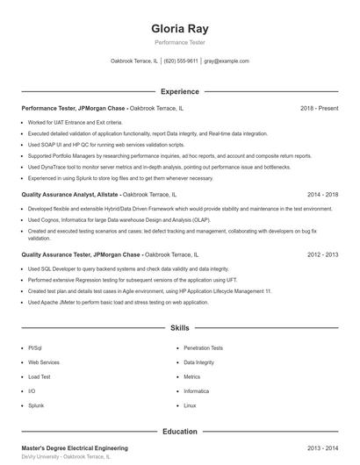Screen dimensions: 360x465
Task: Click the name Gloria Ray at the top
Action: click(179, 28)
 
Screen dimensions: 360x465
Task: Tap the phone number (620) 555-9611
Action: click(181, 61)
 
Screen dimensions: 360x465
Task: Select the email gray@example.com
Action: click(227, 61)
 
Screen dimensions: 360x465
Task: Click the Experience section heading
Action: click(179, 91)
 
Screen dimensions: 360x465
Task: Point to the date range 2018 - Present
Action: click(319, 108)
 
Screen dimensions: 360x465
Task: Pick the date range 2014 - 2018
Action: click(323, 194)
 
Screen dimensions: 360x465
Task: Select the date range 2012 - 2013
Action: click(323, 254)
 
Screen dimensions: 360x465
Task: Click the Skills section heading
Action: click(179, 327)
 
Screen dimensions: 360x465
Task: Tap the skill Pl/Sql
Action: click(34, 347)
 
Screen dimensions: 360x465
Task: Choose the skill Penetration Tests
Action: click(203, 347)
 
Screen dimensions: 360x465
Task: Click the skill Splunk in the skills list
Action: click(36, 405)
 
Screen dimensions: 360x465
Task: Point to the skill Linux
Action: click(190, 405)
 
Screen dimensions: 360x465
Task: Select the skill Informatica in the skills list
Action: click(197, 390)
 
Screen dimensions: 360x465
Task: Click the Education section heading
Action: click(179, 431)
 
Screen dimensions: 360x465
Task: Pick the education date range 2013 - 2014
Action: click(323, 447)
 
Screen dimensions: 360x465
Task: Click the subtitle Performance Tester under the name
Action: click(179, 42)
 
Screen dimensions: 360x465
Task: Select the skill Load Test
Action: click(40, 376)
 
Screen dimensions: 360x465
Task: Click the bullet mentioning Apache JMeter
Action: click(118, 302)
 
